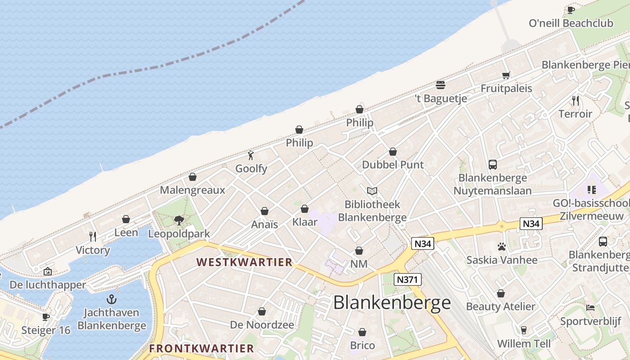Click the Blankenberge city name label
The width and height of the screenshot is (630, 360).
[391, 303]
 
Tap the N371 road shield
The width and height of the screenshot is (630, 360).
[408, 279]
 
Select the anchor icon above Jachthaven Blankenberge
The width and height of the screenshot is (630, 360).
[111, 299]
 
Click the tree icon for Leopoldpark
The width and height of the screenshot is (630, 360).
[179, 220]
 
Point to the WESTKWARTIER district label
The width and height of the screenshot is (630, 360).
[244, 262]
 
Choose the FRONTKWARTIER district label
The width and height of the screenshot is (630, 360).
[202, 348]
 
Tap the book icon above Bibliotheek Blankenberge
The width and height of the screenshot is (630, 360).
[372, 191]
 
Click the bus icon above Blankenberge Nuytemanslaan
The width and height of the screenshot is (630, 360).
[493, 165]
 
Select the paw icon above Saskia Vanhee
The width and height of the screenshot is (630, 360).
[502, 247]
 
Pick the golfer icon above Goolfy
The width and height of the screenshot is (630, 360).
[251, 156]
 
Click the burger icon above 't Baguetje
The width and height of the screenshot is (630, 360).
[441, 85]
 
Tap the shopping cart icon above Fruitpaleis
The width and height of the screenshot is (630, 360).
[506, 75]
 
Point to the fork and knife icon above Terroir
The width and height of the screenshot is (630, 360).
[575, 100]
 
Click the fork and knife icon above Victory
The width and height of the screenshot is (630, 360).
[93, 237]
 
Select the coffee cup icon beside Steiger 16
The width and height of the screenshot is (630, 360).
[45, 317]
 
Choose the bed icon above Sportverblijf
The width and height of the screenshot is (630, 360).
[590, 308]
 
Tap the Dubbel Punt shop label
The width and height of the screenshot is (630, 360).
[393, 165]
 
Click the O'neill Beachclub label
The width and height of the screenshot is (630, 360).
[571, 23]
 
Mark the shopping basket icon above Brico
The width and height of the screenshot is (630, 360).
[362, 332]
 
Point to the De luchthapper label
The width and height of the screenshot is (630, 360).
[48, 285]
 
